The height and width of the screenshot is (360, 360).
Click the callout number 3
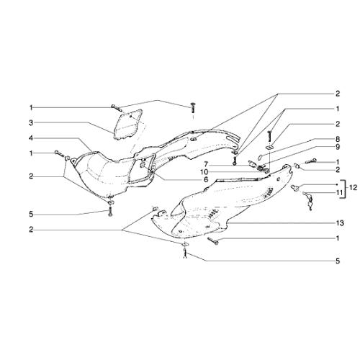pyautogui.click(x=31, y=123)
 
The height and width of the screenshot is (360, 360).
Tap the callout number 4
pyautogui.click(x=31, y=138)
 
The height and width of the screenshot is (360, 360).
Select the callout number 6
pyautogui.click(x=206, y=179)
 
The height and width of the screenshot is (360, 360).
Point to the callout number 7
pyautogui.click(x=206, y=164)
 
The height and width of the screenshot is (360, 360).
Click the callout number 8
pyautogui.click(x=338, y=139)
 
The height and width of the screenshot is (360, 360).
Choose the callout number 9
pyautogui.click(x=338, y=147)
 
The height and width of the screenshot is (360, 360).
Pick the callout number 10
pyautogui.click(x=204, y=172)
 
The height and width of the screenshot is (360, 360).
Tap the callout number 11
pyautogui.click(x=337, y=192)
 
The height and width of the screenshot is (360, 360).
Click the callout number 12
pyautogui.click(x=354, y=187)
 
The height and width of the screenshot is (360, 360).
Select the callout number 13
pyautogui.click(x=340, y=223)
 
